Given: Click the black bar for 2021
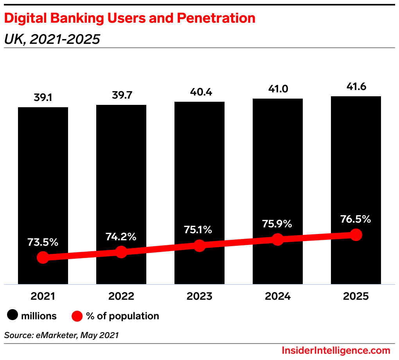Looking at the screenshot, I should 43,176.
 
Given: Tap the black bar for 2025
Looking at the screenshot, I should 356,164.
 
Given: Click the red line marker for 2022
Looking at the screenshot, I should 121,252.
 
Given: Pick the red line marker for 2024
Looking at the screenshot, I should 278,239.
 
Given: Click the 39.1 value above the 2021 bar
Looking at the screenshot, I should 43,98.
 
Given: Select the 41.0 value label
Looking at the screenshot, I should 278,89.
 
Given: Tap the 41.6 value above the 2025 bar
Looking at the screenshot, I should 356,87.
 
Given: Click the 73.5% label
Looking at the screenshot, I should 43,242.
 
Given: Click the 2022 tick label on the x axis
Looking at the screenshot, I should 121,296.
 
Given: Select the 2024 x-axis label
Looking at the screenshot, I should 278,296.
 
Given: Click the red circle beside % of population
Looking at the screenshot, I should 77,316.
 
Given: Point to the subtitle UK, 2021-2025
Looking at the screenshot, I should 52,39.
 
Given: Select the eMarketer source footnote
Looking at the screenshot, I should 61,335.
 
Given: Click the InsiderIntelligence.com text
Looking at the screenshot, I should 336,350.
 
